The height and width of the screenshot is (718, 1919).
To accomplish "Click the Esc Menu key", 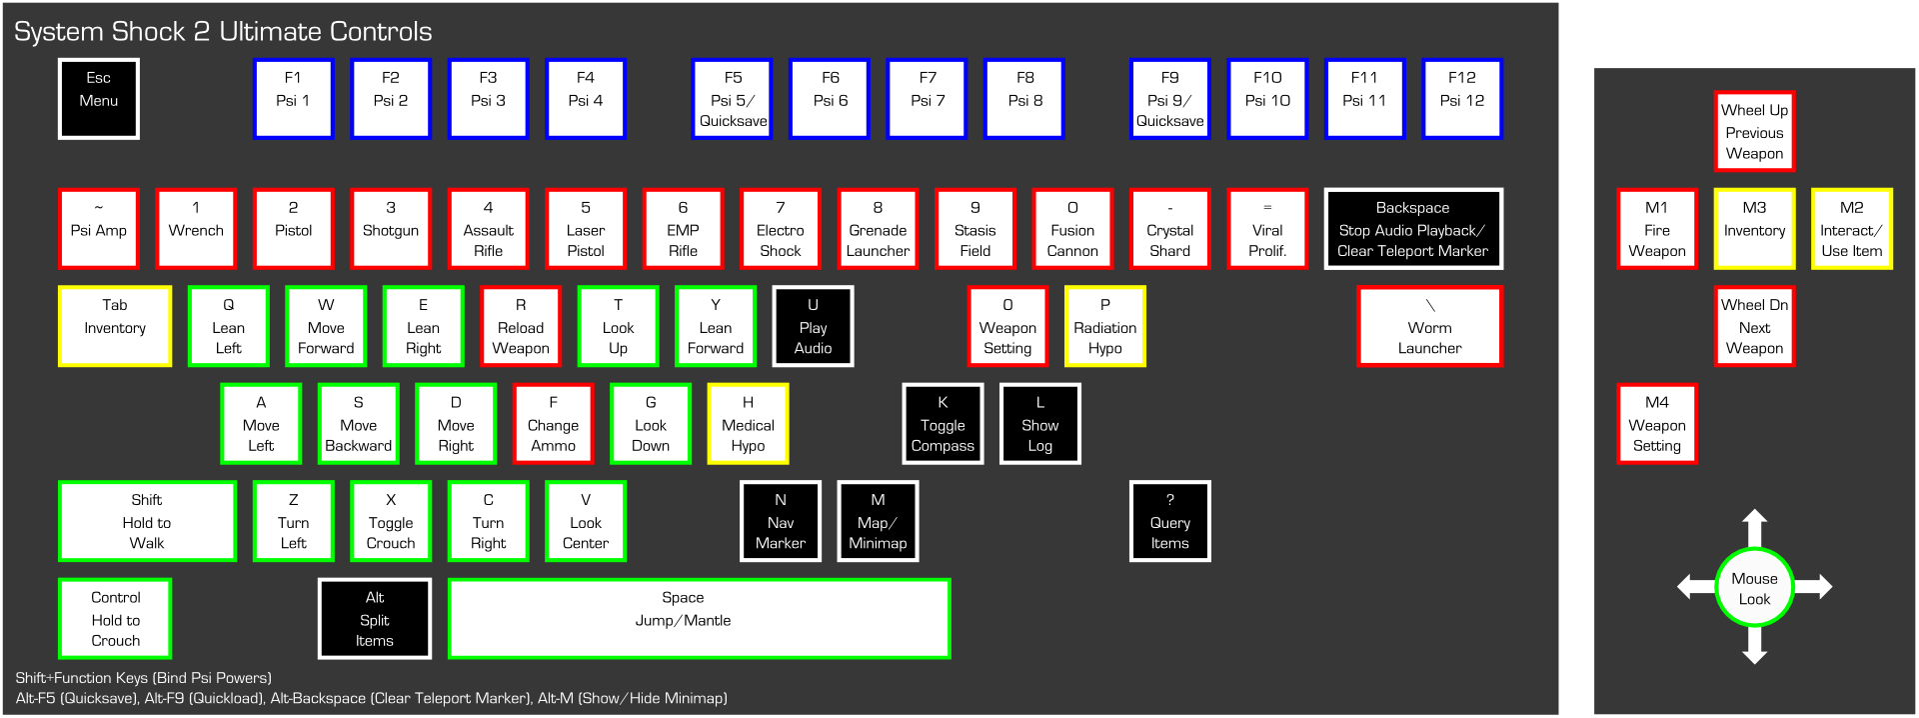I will (98, 99).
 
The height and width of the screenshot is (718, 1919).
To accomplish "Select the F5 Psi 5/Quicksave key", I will (733, 99).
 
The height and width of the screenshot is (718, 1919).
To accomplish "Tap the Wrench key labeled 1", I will (196, 229).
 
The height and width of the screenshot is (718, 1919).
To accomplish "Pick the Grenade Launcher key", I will (878, 229).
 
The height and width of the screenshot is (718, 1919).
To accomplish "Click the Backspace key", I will (1412, 229).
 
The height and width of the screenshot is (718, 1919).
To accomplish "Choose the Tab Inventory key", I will (115, 326).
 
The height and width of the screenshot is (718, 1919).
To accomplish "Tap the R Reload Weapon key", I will (521, 326).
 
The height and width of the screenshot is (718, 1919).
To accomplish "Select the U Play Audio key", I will (813, 326).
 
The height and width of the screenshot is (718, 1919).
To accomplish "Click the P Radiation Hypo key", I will (1104, 326).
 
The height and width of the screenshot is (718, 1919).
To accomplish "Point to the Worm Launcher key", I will (1429, 326).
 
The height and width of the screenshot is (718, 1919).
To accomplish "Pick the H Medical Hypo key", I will (748, 424).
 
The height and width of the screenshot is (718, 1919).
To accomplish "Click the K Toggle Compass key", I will (943, 424).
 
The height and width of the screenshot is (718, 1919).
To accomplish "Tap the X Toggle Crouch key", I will (391, 521).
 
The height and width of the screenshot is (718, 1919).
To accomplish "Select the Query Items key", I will (1169, 521).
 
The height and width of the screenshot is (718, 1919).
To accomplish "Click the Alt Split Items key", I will (375, 619).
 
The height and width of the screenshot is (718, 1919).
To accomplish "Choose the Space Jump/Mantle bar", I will (699, 619).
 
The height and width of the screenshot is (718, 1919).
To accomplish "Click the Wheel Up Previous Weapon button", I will (1754, 131).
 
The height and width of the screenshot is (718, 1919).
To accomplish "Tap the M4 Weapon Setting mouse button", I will (1656, 424).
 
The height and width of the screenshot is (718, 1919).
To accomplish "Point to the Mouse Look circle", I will (1754, 588).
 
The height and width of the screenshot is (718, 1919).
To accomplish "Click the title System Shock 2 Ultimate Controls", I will (223, 32).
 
